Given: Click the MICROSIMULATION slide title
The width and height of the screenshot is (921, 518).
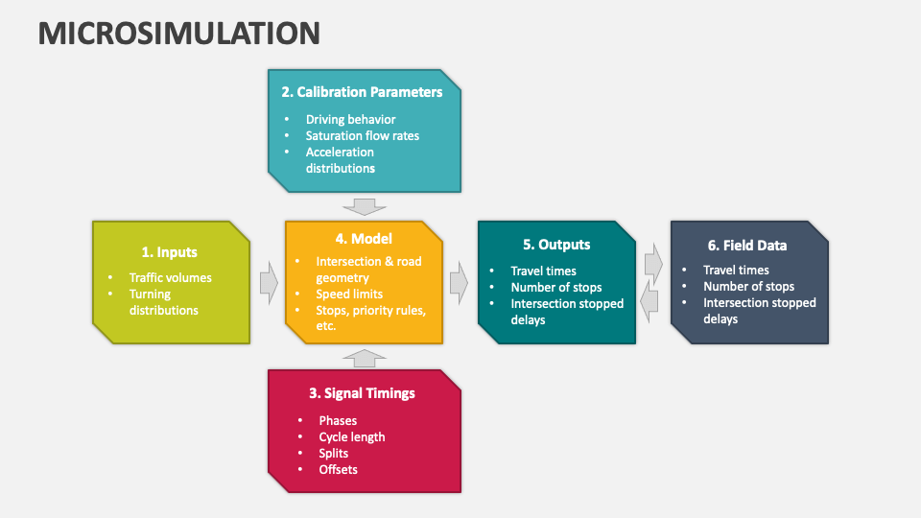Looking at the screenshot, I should pos(179,33).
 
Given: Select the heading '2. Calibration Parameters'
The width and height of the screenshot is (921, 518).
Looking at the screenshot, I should pos(362,92).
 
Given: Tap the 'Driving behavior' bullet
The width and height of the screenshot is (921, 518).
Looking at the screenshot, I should pos(350,120).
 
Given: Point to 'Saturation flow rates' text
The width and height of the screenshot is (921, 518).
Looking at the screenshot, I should pos(362,135).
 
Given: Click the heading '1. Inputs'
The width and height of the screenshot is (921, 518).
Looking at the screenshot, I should pos(169,252).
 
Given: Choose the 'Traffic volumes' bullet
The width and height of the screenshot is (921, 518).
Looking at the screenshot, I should pos(170,277).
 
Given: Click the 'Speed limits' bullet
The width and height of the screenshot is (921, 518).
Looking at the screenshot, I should pos(349,294).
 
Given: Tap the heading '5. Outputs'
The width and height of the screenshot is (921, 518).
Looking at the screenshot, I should pos(555,245).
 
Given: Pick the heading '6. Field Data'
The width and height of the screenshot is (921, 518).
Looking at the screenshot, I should pos(747,245).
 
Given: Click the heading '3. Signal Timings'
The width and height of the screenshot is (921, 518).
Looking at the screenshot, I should pos(362,393).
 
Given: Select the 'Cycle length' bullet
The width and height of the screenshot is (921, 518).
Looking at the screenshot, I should pos(351,436).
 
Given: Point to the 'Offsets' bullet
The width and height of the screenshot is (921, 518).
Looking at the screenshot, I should pos(338,469).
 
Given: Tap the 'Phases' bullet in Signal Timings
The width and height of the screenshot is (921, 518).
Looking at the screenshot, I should pos(338,420).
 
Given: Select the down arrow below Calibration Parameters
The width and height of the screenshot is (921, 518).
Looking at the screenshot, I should pos(364,206).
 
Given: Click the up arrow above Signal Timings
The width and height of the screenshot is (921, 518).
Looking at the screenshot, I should pos(364,358).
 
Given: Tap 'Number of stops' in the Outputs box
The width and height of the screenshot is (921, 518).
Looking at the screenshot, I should pos(555,287).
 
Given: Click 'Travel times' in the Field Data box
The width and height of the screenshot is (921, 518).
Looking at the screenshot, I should pos(736,271).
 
